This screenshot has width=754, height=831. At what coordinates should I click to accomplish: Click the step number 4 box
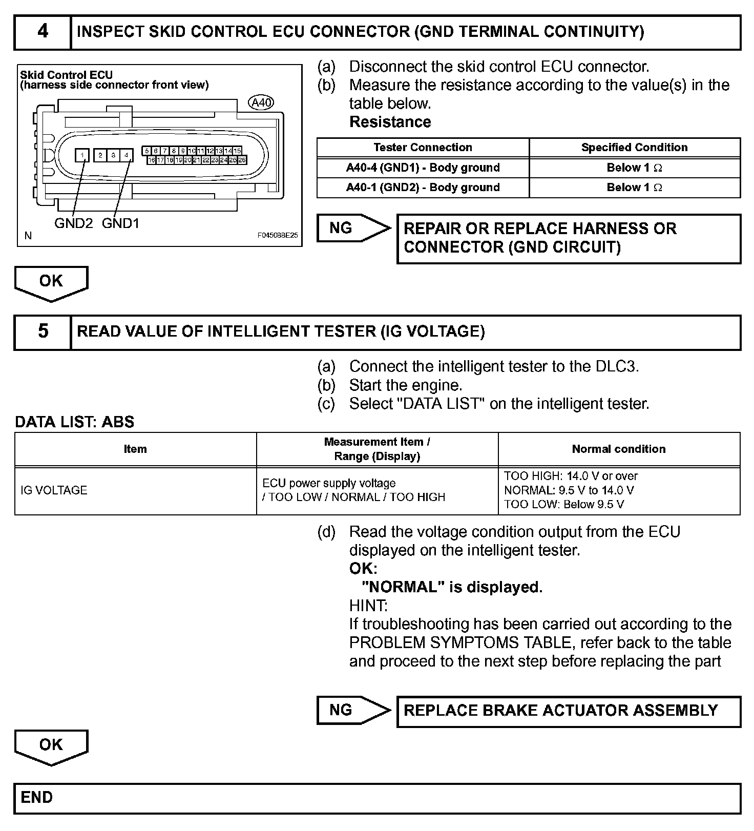tap(43, 32)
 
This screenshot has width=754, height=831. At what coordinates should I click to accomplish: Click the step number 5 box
tap(43, 332)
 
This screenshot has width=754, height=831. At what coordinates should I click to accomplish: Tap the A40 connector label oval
tap(261, 103)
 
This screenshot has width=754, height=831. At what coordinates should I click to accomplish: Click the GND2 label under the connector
tap(73, 223)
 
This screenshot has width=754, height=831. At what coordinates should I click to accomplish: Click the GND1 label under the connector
tap(120, 223)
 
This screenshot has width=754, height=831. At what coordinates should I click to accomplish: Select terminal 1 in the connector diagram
tap(82, 155)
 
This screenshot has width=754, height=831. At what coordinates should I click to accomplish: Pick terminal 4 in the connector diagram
tap(126, 155)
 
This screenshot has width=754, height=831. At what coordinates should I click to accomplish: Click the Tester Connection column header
tap(423, 148)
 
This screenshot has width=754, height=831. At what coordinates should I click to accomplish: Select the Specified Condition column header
tap(634, 148)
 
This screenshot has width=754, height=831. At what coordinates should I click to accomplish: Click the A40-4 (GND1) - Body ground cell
tap(423, 168)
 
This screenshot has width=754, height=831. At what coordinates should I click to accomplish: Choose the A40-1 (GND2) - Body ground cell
tap(423, 188)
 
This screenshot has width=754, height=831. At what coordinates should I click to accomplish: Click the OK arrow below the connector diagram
tap(51, 282)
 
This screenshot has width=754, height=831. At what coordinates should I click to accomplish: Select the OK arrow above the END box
tap(51, 746)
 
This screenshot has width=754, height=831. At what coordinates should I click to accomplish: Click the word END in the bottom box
tap(37, 798)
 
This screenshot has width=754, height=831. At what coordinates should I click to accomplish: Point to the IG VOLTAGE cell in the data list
tap(54, 490)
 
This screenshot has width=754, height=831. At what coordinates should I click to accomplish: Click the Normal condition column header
tap(619, 449)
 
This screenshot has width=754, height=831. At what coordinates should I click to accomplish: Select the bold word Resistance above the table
tap(390, 122)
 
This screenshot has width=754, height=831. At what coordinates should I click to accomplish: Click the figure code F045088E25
tap(277, 236)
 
